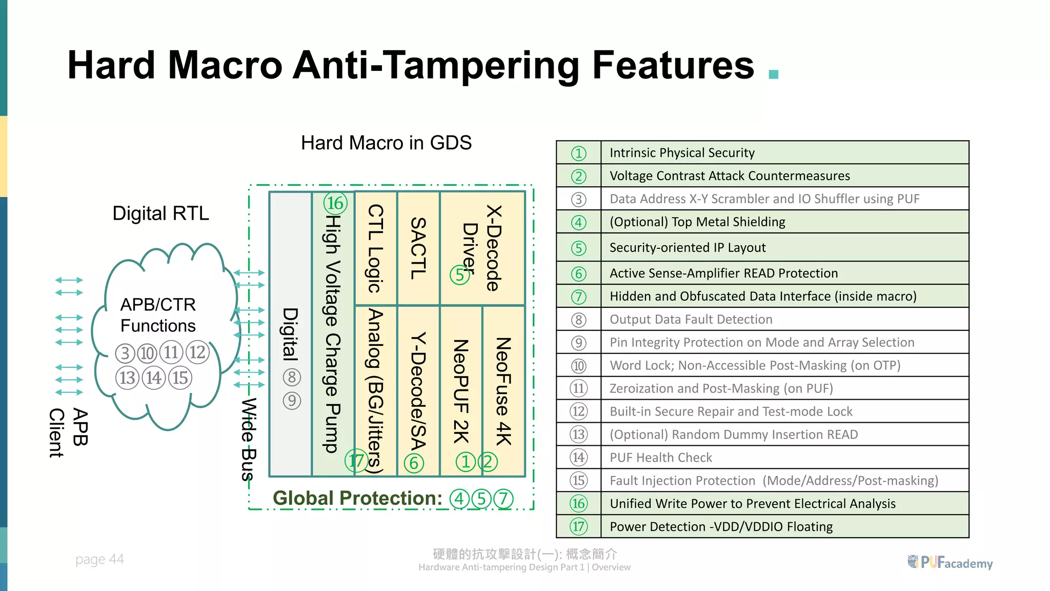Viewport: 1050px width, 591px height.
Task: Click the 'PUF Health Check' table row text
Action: tap(660, 458)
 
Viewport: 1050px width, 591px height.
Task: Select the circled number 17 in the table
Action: tap(578, 526)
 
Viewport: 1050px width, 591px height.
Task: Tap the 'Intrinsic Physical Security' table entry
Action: tap(682, 153)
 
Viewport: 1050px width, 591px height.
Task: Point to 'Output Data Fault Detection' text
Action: tap(691, 319)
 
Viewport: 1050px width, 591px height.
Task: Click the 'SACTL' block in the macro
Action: tap(418, 248)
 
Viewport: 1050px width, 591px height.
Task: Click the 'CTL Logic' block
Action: tap(376, 248)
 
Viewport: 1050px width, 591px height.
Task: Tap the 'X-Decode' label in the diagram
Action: tap(493, 248)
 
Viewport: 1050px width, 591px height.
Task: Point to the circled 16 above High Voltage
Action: tap(335, 203)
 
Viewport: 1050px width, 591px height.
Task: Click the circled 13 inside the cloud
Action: tap(127, 378)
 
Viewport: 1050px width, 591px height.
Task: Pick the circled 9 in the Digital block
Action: tap(292, 401)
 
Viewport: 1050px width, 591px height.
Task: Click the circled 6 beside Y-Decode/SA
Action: tap(414, 463)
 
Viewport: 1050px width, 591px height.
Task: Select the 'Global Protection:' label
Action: tap(357, 498)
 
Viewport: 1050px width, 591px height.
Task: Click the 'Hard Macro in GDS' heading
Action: tap(386, 143)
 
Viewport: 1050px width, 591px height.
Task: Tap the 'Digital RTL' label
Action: tap(160, 213)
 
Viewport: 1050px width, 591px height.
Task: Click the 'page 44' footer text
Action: tap(99, 559)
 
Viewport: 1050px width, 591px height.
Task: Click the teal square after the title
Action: tap(774, 74)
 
